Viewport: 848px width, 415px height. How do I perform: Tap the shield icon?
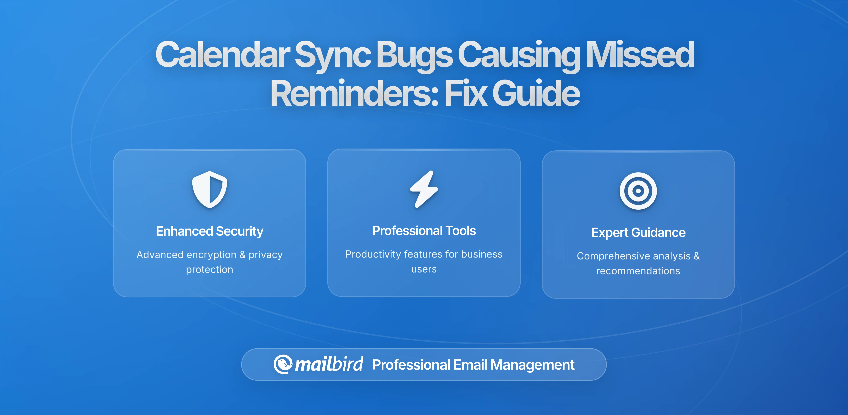[x=210, y=189]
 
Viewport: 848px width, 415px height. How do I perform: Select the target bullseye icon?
[x=638, y=191]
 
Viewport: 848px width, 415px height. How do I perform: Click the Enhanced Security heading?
[x=210, y=231]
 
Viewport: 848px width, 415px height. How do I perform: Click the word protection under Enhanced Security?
[x=210, y=269]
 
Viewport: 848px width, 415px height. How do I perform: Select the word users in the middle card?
[x=424, y=269]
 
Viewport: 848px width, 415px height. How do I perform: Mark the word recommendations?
[x=638, y=271]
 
